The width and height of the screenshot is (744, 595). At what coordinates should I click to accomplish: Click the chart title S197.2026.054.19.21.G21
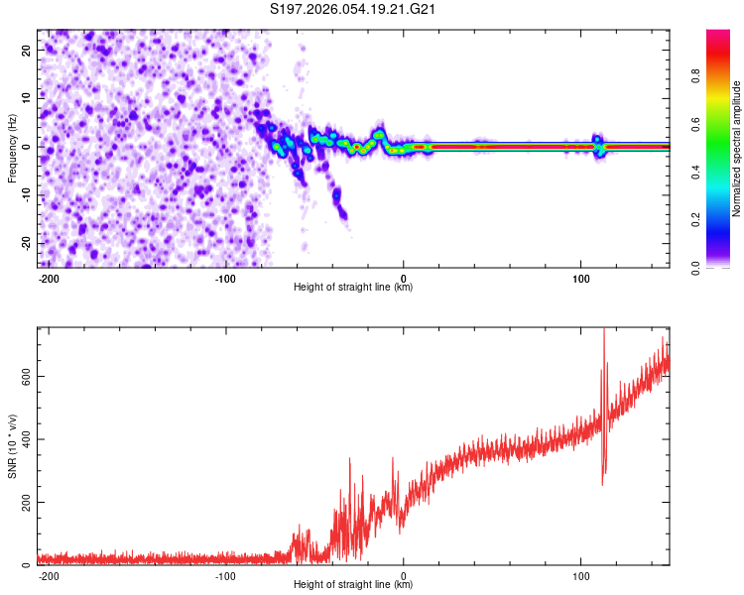(x=354, y=10)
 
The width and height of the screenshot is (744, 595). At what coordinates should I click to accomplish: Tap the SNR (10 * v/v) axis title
(x=13, y=448)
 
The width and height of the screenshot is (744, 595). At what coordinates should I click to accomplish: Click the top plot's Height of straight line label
(x=353, y=288)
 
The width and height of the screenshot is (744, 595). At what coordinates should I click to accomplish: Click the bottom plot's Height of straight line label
(x=353, y=585)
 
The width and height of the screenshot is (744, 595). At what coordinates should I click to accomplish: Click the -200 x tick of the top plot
(x=49, y=278)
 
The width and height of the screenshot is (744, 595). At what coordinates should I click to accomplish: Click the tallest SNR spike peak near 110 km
(x=604, y=330)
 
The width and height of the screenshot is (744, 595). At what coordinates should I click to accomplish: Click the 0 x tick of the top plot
(x=403, y=278)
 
